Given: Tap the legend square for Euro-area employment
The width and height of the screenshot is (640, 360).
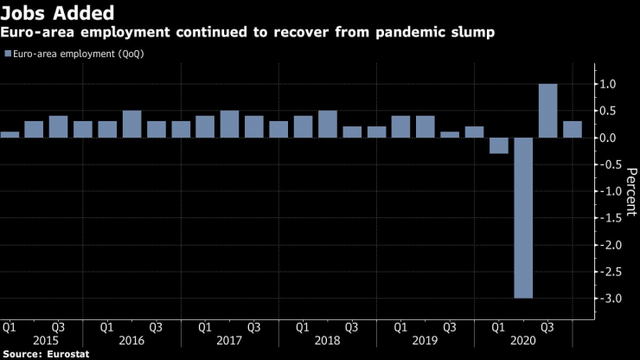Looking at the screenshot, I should (x=8, y=54).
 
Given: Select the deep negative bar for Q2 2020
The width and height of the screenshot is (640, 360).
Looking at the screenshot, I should (x=523, y=218).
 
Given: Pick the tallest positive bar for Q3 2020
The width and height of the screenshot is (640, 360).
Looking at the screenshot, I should (x=547, y=111).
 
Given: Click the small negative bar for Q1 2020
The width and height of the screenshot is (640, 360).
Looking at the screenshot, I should (x=499, y=145).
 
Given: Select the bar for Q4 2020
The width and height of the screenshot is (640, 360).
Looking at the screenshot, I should (x=573, y=129).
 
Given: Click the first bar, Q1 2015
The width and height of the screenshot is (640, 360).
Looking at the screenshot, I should (x=10, y=134).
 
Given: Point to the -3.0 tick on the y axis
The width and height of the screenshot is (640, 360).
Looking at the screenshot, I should (x=608, y=299).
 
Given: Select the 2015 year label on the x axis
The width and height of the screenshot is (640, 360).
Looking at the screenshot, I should (x=34, y=342).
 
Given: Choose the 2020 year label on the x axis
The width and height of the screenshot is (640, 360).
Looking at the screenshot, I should (x=523, y=342).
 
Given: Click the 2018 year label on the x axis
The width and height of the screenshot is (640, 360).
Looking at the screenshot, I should (x=328, y=342).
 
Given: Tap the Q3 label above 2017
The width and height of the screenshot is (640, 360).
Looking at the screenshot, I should (x=254, y=328).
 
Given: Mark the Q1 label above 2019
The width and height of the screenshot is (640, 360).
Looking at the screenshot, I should (x=401, y=328).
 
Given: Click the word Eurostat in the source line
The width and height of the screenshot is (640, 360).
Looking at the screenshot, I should (x=68, y=354).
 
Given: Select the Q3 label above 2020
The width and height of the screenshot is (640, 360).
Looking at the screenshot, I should (x=547, y=328).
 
